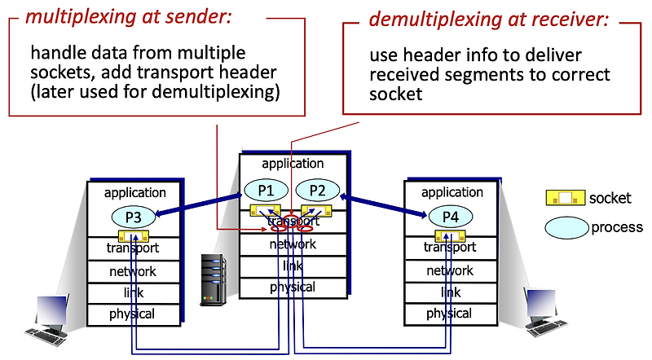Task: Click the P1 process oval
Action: [267, 190]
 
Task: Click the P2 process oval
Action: [317, 190]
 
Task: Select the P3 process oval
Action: [134, 217]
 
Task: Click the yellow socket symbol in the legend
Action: [565, 197]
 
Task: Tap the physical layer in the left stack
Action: [132, 314]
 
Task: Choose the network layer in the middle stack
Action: [292, 244]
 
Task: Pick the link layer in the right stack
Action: [450, 292]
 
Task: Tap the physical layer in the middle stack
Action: [292, 287]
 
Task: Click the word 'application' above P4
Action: [452, 192]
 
